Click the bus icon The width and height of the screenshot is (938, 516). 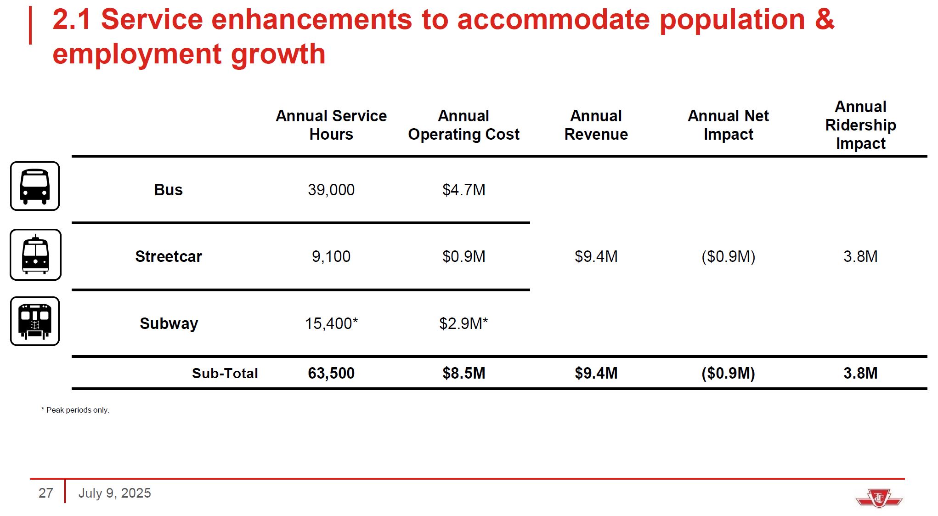[x=35, y=186]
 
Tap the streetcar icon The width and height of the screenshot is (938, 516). [x=35, y=255]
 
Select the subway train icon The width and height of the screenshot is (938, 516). [x=35, y=321]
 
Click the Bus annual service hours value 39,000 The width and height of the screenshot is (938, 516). [x=331, y=190]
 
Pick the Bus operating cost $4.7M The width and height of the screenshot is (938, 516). [x=463, y=190]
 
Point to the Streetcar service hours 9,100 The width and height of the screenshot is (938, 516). [x=331, y=256]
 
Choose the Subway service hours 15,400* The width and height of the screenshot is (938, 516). [x=331, y=323]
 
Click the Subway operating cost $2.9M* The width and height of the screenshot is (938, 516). [x=463, y=323]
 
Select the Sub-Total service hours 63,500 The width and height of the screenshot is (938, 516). [x=331, y=373]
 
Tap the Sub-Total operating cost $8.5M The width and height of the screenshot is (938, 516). [x=463, y=373]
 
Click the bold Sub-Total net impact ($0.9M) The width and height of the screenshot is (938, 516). [x=728, y=373]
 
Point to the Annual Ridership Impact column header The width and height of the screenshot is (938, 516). [x=860, y=125]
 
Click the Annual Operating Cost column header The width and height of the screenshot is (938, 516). [x=463, y=125]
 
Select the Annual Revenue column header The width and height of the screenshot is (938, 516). [x=596, y=125]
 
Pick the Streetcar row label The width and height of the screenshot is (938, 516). [x=169, y=256]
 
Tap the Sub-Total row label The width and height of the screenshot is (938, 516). [x=225, y=373]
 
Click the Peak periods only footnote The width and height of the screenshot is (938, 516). [x=76, y=410]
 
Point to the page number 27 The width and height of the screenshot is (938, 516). [x=45, y=493]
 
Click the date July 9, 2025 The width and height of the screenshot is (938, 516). [x=114, y=493]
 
